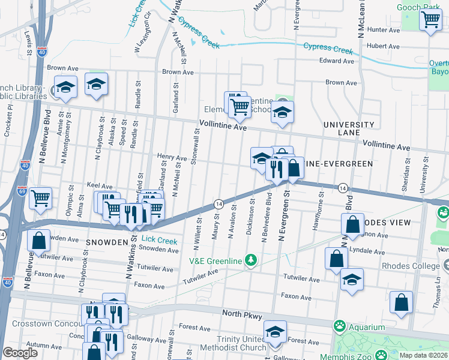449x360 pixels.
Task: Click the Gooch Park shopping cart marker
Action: (x=430, y=20)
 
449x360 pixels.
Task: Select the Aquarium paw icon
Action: (x=340, y=326)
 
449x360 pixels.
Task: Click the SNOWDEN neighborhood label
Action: (x=106, y=242)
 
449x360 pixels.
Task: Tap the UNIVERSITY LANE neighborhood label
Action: (x=349, y=129)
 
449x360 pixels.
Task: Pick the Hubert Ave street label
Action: (x=383, y=46)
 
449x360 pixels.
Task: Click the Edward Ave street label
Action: (x=337, y=61)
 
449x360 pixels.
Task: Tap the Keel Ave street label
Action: (x=100, y=186)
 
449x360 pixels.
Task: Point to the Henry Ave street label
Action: (x=172, y=157)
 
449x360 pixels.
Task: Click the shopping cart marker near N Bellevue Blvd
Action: (x=40, y=198)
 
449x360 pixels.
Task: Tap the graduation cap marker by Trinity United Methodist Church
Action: (x=275, y=332)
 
